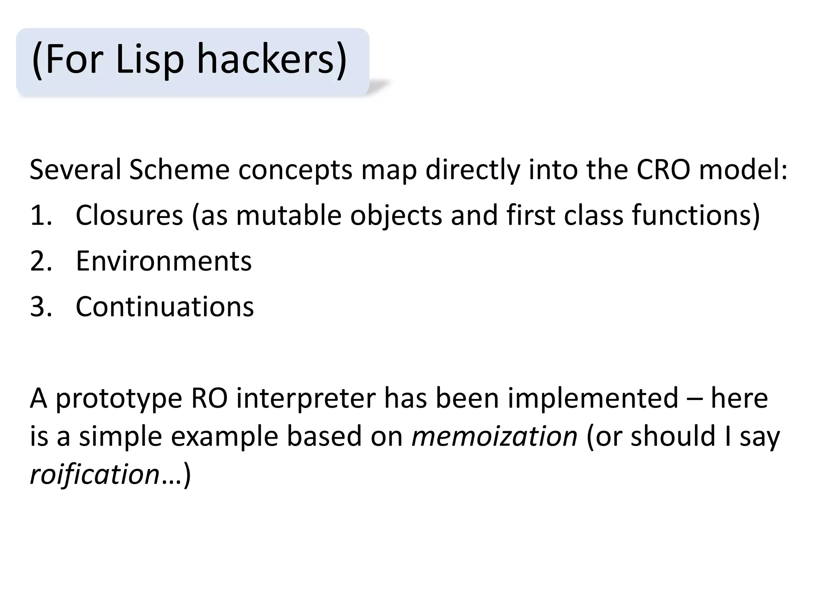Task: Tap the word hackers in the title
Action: (x=272, y=60)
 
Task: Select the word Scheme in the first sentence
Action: (x=179, y=170)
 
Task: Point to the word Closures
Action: (x=129, y=215)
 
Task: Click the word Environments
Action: (x=163, y=261)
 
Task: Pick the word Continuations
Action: (x=165, y=307)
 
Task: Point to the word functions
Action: (x=696, y=215)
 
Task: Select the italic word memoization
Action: (x=494, y=436)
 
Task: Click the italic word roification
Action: (x=94, y=474)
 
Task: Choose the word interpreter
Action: (x=306, y=398)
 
